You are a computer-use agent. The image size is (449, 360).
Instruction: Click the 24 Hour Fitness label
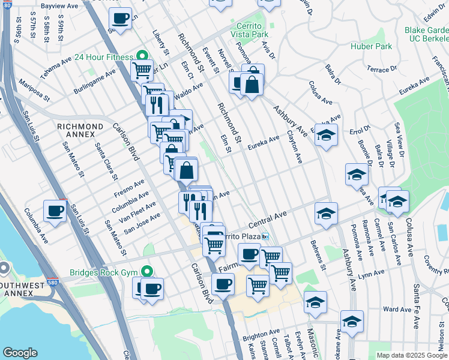coord(103,58)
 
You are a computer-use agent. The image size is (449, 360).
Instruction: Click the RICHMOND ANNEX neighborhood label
coord(80,127)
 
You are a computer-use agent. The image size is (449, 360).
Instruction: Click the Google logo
coord(20,353)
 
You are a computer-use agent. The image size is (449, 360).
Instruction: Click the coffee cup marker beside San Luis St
coord(55,211)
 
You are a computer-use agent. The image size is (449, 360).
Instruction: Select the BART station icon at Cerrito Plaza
coord(264,236)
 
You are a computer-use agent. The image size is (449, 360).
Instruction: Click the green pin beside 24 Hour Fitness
coord(142,57)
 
